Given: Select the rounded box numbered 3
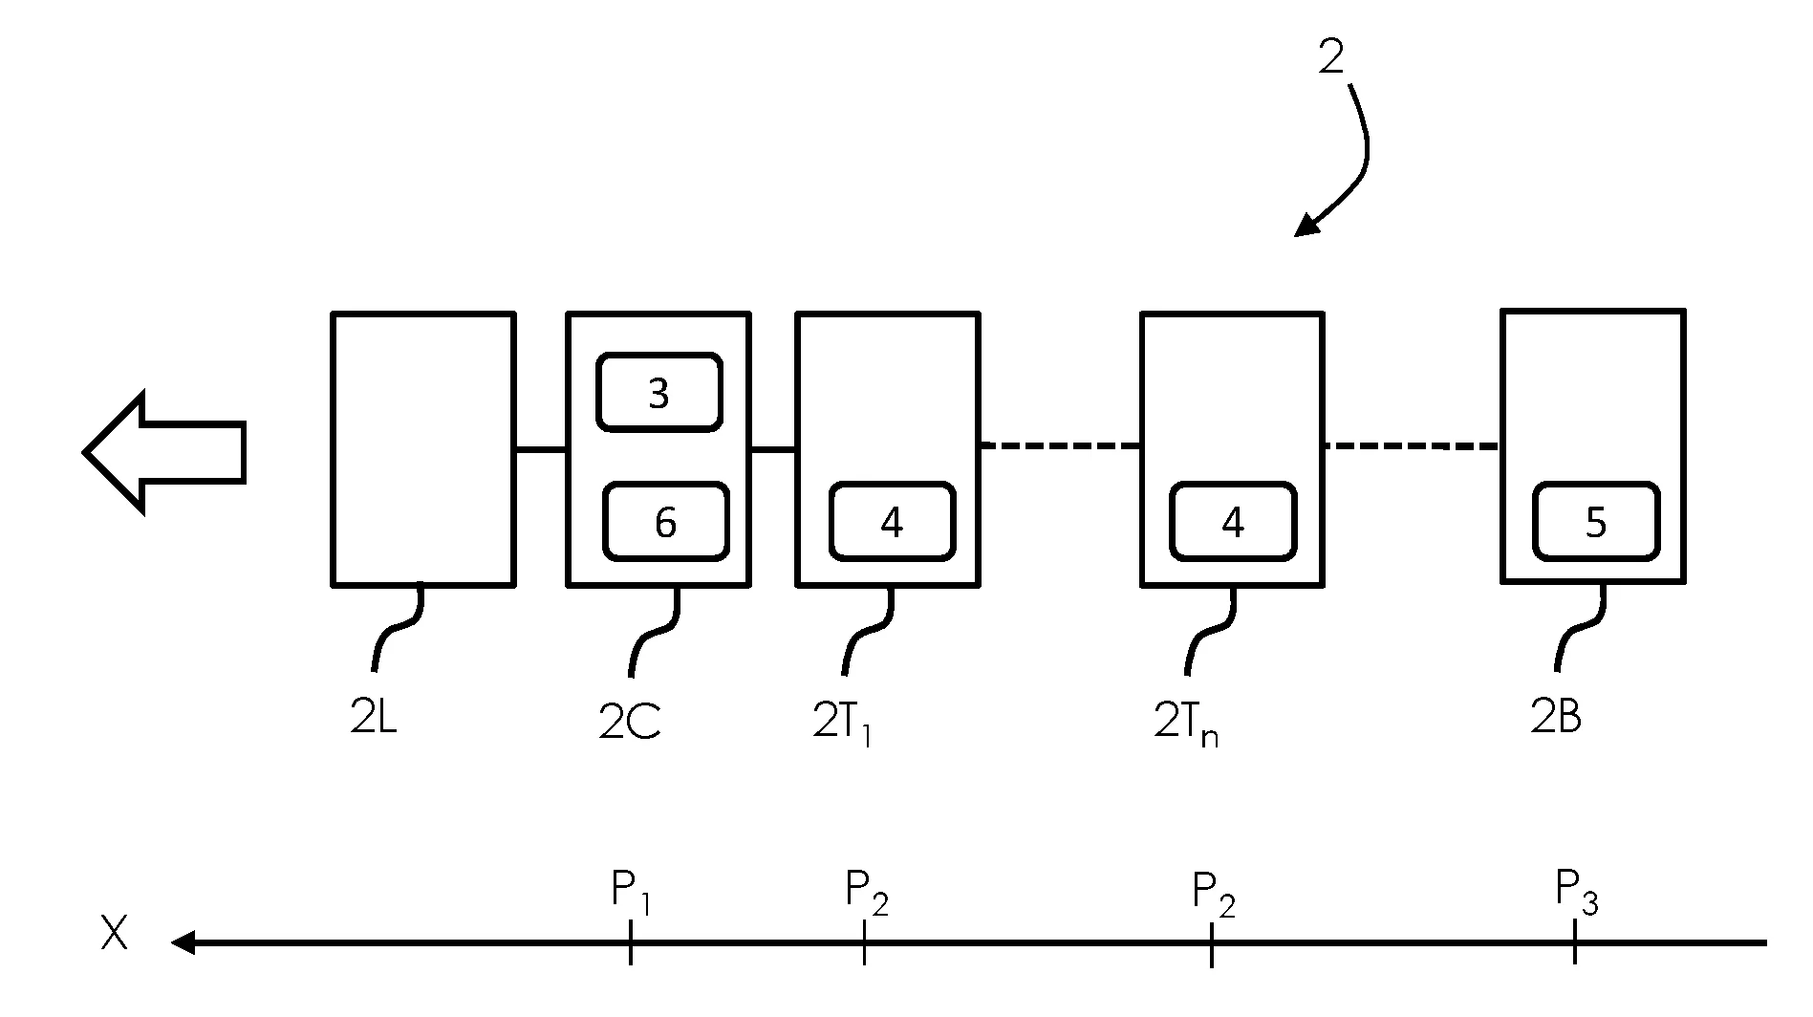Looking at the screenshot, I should [658, 393].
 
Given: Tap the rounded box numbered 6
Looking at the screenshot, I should [665, 522].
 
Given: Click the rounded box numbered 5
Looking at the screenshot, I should [1596, 522].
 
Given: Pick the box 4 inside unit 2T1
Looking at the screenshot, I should [892, 522].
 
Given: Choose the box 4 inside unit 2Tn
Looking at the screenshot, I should [1233, 522].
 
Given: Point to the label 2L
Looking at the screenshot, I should [373, 718].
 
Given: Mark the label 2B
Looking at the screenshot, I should [1555, 718].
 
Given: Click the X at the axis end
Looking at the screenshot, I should [114, 935].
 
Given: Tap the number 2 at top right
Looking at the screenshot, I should [1330, 57].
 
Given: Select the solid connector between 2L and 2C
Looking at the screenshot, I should [540, 449].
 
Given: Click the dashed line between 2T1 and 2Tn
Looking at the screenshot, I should [1060, 445].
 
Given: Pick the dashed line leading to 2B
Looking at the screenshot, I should [1412, 445].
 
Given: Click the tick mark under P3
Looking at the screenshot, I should [1574, 942].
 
